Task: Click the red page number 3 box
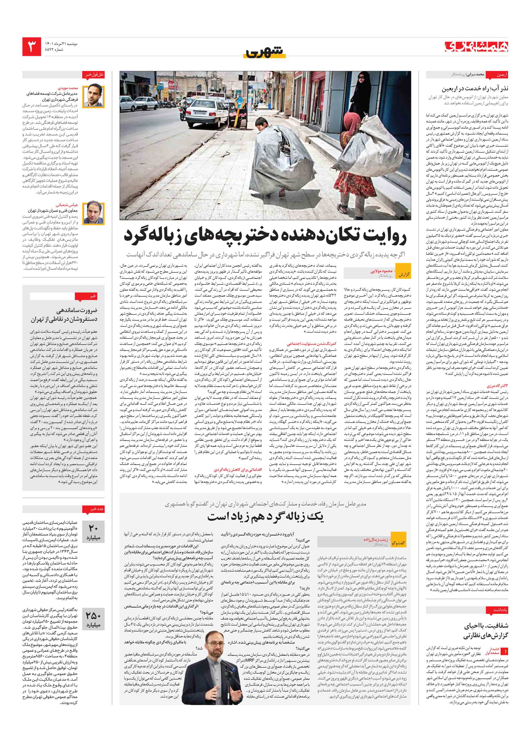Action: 32,47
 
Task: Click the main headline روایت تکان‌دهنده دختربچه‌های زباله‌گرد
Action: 265,236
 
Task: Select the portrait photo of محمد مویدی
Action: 94,96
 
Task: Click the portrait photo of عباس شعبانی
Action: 94,213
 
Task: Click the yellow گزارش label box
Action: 404,274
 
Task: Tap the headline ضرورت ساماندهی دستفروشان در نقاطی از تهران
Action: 64,315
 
